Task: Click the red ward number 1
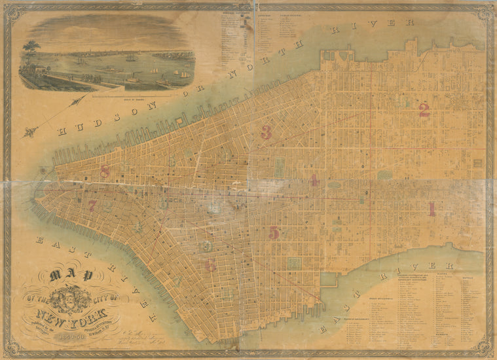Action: pyautogui.click(x=432, y=209)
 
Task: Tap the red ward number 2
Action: pyautogui.click(x=424, y=111)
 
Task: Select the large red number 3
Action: pyautogui.click(x=266, y=132)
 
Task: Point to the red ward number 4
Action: pyautogui.click(x=314, y=180)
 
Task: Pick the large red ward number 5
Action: pyautogui.click(x=274, y=232)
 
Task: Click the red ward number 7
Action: pyautogui.click(x=92, y=205)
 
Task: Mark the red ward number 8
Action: pyautogui.click(x=105, y=171)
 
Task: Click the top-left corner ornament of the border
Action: pyautogui.click(x=9, y=9)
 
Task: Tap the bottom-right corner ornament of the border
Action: pyautogui.click(x=488, y=351)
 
